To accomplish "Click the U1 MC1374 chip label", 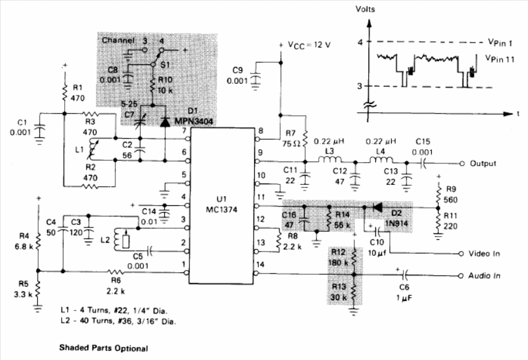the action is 221,204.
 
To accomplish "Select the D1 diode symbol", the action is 165,122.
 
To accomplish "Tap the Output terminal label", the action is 483,163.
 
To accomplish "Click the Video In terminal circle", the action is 461,254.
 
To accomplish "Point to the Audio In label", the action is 484,276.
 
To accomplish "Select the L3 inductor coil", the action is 329,159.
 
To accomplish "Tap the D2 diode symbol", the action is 377,208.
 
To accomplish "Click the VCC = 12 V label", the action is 309,45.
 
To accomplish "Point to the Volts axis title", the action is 365,9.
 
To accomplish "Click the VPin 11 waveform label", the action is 500,59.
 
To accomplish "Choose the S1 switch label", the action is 165,64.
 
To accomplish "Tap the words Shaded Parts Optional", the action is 104,348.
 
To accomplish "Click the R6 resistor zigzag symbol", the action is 115,271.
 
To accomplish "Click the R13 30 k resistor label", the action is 339,292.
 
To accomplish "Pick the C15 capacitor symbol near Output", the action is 423,163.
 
